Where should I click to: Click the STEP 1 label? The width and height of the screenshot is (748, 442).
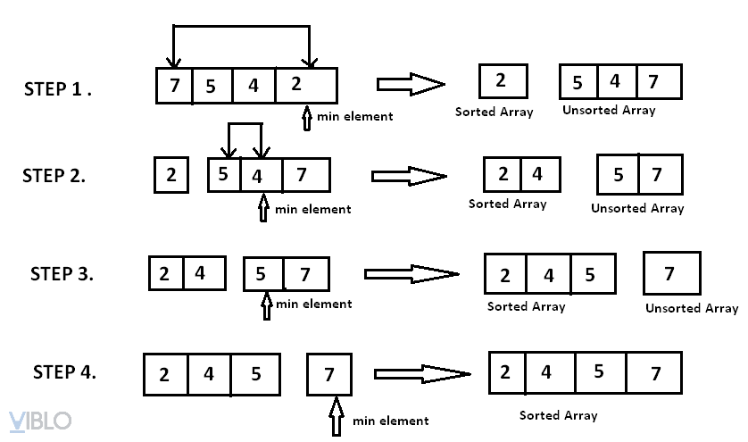point(63,89)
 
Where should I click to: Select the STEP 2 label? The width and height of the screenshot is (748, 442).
point(54,176)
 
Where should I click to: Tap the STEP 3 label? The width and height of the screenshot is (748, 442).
point(62,273)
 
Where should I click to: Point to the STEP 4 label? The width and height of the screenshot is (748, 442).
point(64,371)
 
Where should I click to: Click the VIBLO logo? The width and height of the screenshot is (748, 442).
point(39,421)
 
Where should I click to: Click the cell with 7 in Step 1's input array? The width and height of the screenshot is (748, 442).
point(174,87)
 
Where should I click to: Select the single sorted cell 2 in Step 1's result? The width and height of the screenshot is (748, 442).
point(501,81)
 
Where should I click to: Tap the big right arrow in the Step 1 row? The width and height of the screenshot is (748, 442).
point(411,85)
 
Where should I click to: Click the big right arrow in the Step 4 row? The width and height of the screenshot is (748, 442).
point(421,373)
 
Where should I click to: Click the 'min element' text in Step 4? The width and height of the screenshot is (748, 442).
point(390,421)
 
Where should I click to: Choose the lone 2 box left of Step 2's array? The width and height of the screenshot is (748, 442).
point(170,175)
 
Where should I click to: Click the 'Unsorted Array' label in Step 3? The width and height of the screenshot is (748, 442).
point(692,308)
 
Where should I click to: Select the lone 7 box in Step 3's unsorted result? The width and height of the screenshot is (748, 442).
point(671,273)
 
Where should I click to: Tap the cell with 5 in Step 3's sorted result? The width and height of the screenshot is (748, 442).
point(591,275)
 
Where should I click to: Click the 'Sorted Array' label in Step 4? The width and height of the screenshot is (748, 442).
point(559,415)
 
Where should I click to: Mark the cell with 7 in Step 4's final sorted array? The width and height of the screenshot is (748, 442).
point(653,373)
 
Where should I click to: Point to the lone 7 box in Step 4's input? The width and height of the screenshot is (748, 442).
point(329,374)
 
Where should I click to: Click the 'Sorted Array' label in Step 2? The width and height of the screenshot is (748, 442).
point(508,204)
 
